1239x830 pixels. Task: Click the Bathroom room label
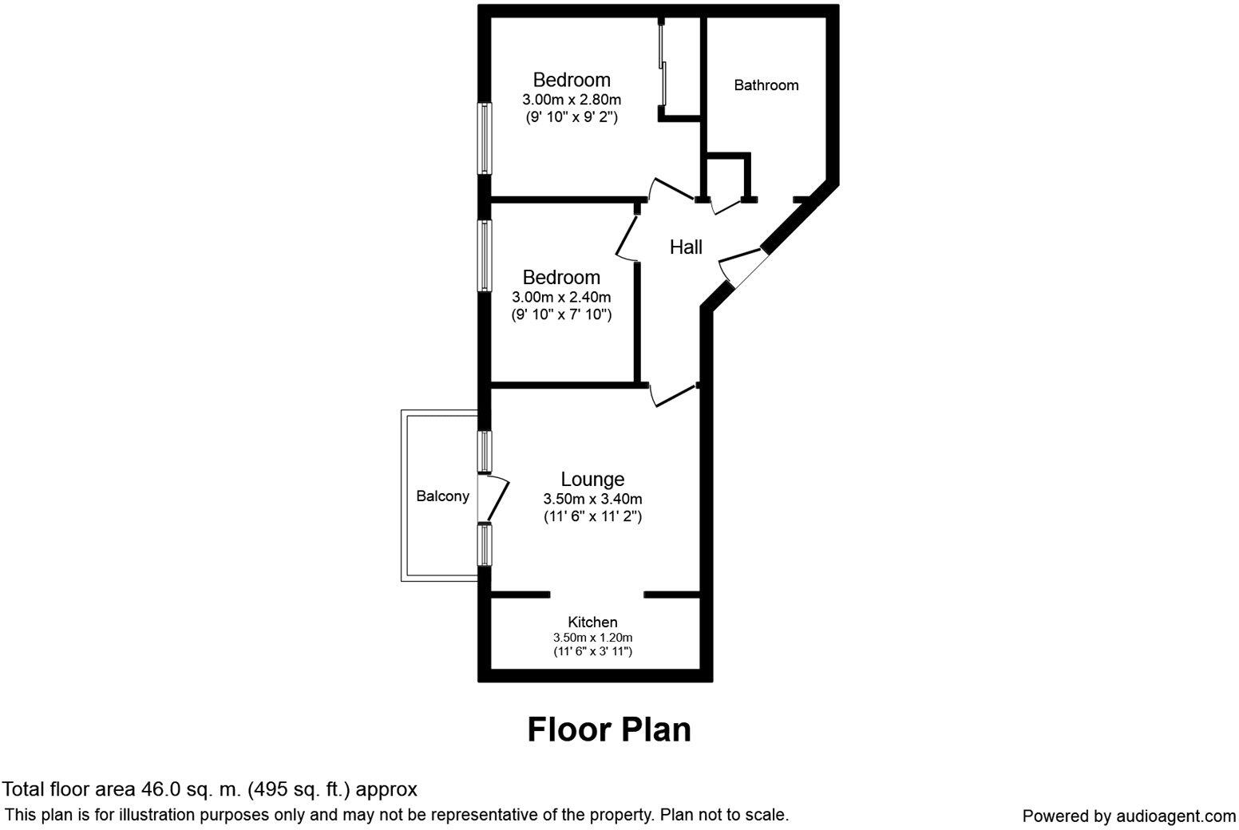[x=766, y=85]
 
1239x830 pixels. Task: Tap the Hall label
[x=686, y=247]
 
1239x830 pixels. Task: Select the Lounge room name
[x=592, y=479]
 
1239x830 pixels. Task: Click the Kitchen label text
[x=592, y=622]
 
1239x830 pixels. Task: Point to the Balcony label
[x=442, y=496]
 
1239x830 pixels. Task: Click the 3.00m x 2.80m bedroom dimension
[x=572, y=100]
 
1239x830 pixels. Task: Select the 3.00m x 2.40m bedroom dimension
[x=561, y=297]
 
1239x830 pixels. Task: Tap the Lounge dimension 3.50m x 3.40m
[x=592, y=499]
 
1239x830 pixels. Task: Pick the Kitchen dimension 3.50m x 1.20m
[x=592, y=638]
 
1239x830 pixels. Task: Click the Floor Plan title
[x=608, y=729]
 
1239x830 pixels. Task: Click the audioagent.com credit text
[x=1129, y=816]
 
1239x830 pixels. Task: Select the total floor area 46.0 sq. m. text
[x=209, y=789]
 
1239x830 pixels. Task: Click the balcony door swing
[x=497, y=499]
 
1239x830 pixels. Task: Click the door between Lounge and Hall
[x=672, y=394]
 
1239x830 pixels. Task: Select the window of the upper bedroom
[x=484, y=138]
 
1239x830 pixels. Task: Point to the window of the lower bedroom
[x=484, y=255]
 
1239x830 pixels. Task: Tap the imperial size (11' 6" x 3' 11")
[x=592, y=651]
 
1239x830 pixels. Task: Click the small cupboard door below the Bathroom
[x=726, y=206]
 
